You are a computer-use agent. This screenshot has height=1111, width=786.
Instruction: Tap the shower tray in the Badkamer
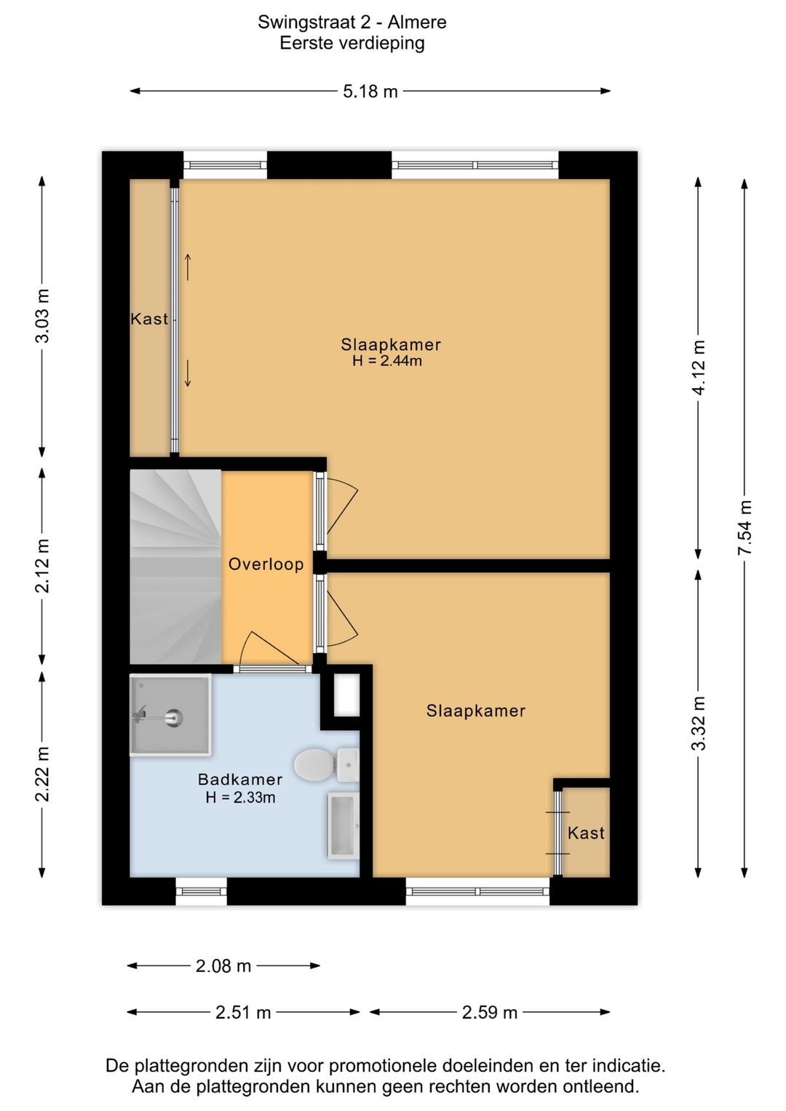171,714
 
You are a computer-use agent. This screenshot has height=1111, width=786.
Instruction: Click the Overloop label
266,564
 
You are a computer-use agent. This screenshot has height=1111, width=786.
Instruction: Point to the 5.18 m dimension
370,92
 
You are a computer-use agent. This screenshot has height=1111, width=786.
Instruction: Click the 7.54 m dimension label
745,528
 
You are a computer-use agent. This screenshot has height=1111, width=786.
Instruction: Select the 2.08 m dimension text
223,966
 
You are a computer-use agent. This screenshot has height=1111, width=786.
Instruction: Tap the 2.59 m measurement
490,1012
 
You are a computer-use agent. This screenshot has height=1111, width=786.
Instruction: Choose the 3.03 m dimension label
43,315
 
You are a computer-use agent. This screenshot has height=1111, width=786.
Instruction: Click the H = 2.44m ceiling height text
387,361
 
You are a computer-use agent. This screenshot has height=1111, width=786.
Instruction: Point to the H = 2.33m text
240,798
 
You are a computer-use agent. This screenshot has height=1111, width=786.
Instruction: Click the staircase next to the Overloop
175,567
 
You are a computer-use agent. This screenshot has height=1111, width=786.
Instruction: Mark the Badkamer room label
240,780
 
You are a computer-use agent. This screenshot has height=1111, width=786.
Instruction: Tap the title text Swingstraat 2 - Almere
352,23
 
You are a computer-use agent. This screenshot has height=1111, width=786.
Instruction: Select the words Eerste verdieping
352,43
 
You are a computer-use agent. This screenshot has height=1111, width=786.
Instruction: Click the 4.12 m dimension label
699,368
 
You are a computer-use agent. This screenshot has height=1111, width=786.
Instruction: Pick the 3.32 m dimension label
699,723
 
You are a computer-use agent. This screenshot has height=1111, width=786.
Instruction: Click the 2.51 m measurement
243,1012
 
